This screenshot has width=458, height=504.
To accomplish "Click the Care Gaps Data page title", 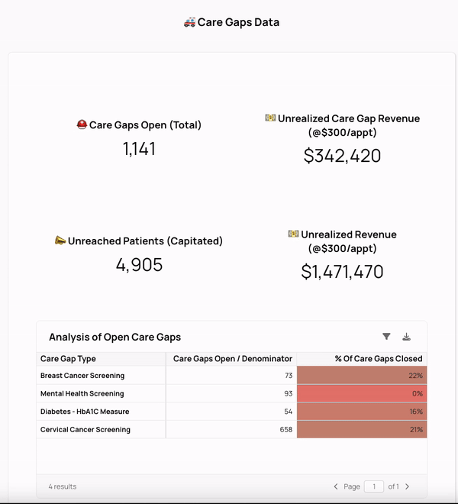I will [x=232, y=22].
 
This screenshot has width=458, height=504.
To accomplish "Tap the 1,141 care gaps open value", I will [x=139, y=149].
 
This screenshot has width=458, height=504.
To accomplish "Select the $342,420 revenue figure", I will [x=342, y=156].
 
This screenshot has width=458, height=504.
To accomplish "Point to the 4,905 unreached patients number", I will [x=139, y=265].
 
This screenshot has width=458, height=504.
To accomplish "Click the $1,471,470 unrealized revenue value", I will [x=342, y=272].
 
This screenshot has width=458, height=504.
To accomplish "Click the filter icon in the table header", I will [x=386, y=337].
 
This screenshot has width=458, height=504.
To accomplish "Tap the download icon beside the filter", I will [x=407, y=337].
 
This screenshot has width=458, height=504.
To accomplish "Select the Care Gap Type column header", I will [x=68, y=358].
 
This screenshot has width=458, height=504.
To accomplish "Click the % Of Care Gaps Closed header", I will [x=379, y=358].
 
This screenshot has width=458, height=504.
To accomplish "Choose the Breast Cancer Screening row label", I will [x=82, y=376].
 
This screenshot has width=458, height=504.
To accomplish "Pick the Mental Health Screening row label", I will [x=82, y=394].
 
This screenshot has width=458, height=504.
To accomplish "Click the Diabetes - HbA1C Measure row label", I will [x=85, y=412].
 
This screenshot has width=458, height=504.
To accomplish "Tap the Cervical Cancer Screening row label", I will [x=85, y=430].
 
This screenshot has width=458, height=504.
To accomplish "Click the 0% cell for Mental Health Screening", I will [x=417, y=394].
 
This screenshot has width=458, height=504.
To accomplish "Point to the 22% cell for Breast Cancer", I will [x=415, y=376].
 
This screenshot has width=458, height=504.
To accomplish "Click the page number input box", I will [x=374, y=486].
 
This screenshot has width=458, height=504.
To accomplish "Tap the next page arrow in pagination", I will [x=407, y=486].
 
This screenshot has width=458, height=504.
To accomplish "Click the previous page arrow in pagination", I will [x=336, y=486].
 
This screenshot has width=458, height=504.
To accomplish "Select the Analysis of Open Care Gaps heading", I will [x=114, y=337].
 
